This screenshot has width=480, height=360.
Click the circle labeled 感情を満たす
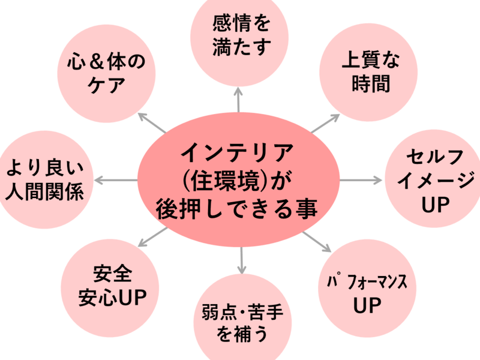click(238, 36)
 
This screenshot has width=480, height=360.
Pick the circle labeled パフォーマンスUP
click(367, 292)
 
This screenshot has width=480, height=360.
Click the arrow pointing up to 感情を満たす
click(239, 99)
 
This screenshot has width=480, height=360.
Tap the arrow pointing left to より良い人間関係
click(116, 180)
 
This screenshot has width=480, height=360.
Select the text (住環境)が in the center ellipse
click(238, 181)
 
